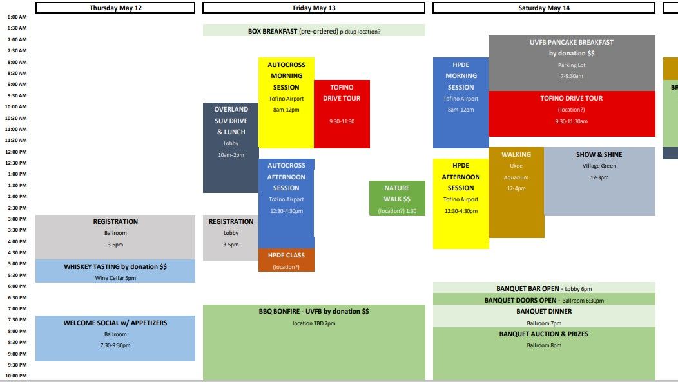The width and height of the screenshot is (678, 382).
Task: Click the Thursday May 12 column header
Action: click(x=115, y=8)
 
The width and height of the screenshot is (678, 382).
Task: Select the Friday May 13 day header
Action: click(x=314, y=8)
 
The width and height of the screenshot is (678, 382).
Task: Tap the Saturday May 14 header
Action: click(x=544, y=8)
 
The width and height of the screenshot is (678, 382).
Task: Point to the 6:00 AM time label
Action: click(x=17, y=28)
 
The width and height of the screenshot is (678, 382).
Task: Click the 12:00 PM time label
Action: click(x=17, y=152)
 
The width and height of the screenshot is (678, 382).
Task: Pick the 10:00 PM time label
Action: click(x=17, y=376)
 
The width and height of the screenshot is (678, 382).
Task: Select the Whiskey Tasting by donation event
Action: click(x=115, y=271)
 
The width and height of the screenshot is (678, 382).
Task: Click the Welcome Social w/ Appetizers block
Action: click(x=115, y=338)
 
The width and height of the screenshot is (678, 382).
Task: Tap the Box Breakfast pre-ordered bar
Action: click(x=314, y=30)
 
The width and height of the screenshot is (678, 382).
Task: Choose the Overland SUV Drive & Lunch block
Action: click(x=231, y=148)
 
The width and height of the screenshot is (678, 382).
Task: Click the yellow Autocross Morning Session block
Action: click(x=286, y=103)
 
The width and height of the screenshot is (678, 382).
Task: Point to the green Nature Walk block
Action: click(x=397, y=198)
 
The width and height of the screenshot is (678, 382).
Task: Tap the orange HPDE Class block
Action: click(x=286, y=260)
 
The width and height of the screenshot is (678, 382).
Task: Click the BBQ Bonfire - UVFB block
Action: click(x=314, y=342)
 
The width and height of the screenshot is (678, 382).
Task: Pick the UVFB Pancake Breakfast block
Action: click(x=572, y=63)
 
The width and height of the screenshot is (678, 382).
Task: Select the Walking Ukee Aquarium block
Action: click(x=516, y=192)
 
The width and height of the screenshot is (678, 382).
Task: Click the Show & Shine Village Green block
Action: click(x=599, y=181)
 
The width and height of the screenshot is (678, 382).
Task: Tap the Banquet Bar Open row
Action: click(x=544, y=288)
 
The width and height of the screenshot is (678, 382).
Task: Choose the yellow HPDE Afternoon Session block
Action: click(x=461, y=203)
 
